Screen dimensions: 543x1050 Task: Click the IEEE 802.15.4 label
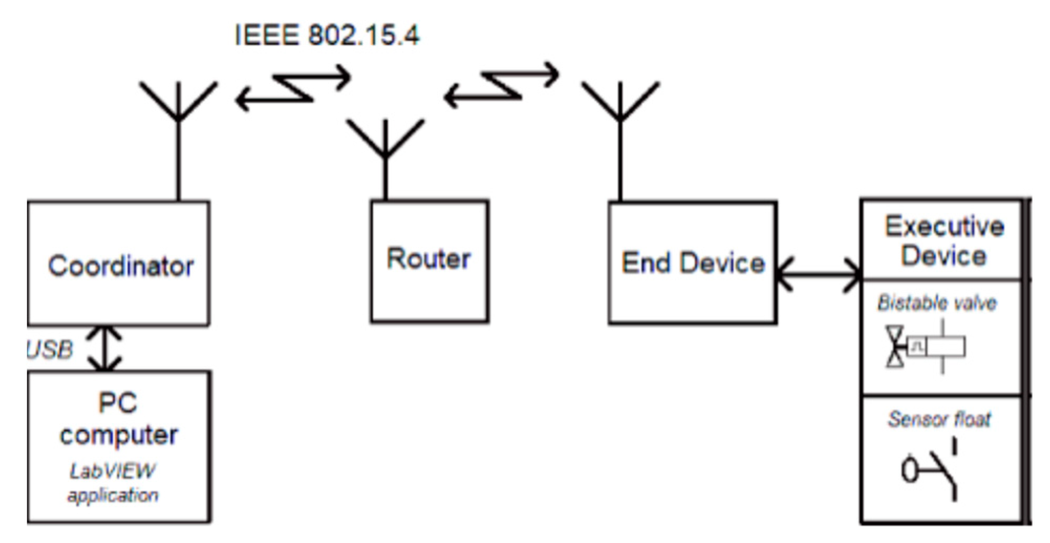click(x=326, y=36)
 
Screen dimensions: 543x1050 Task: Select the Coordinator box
click(x=119, y=264)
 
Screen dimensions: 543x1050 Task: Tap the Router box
click(x=429, y=261)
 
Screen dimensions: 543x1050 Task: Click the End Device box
click(x=692, y=263)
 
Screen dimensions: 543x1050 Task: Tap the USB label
click(x=49, y=349)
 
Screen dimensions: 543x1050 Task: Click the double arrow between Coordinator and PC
click(x=105, y=348)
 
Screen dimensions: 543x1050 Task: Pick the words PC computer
click(x=119, y=419)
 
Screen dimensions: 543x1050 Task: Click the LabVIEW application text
click(x=113, y=483)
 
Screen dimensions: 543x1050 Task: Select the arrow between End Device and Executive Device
click(x=819, y=274)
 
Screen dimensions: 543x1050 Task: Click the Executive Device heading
click(x=944, y=241)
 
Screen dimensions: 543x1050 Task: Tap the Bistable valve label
click(x=937, y=303)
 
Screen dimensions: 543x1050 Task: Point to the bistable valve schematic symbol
click(x=925, y=347)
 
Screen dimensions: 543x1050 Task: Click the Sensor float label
click(x=939, y=419)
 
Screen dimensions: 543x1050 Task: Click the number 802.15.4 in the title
click(x=363, y=36)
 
